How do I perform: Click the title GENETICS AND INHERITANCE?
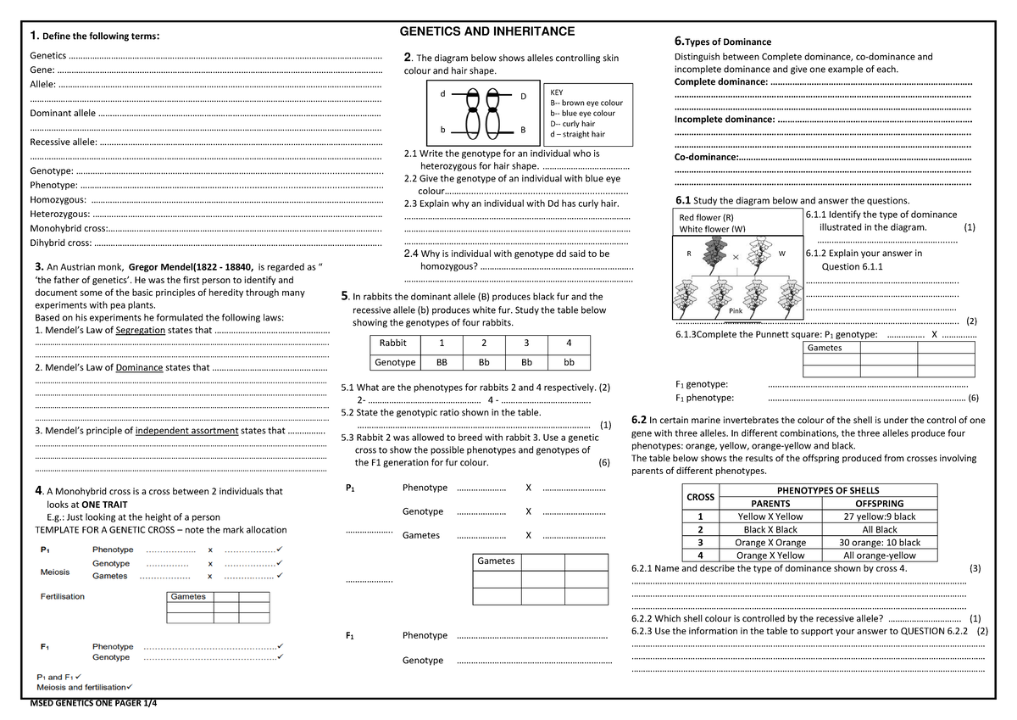pos(486,32)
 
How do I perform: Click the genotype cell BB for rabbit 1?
pos(442,362)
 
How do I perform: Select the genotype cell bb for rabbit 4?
pos(569,362)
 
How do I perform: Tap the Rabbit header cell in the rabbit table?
pos(393,343)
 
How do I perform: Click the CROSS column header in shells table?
pos(700,496)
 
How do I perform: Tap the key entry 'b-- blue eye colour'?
pos(583,114)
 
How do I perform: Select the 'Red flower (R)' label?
pos(707,218)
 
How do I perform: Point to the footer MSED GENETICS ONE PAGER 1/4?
pos(93,703)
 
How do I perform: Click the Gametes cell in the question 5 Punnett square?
pos(496,561)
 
